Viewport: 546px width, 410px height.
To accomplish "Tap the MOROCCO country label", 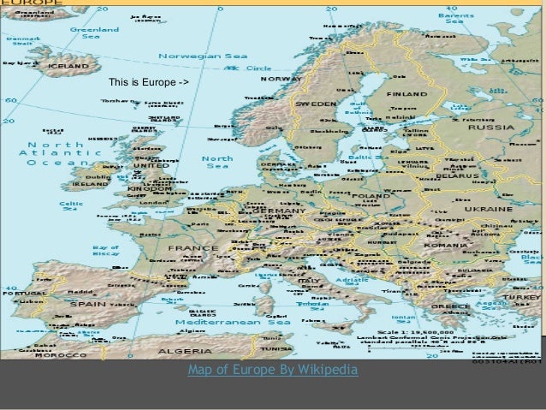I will point(60,354).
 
